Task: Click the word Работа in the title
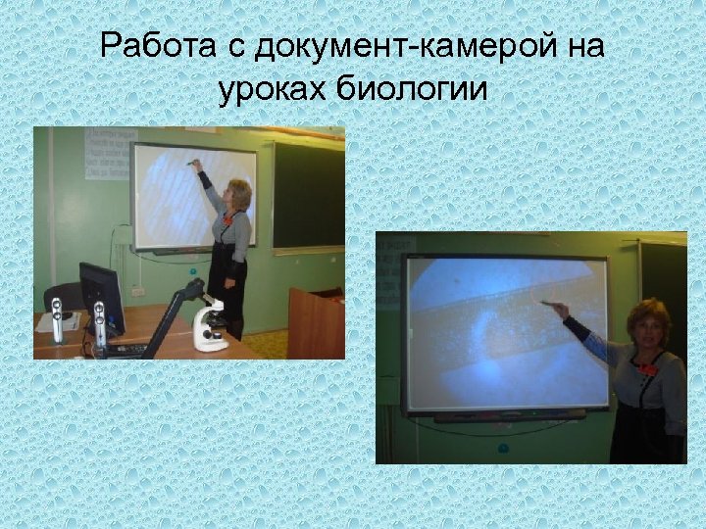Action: pyautogui.click(x=151, y=46)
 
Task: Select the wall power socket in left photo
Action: pyautogui.click(x=138, y=290)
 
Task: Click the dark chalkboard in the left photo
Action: pyautogui.click(x=307, y=195)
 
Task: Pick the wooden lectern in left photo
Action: pyautogui.click(x=315, y=323)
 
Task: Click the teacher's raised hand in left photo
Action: pyautogui.click(x=196, y=167)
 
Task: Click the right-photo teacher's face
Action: pyautogui.click(x=648, y=333)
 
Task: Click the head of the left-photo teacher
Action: pyautogui.click(x=238, y=193)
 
